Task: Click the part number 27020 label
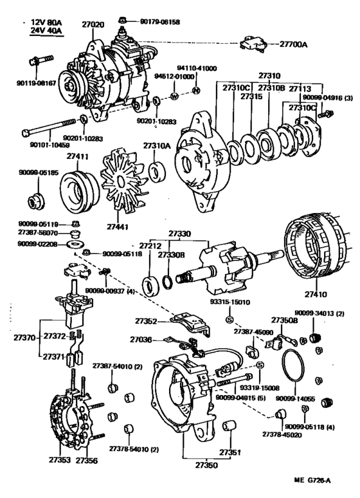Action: (91, 24)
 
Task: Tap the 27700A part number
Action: (294, 45)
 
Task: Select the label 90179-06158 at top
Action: (158, 22)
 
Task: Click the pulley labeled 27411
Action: (77, 187)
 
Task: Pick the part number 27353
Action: (60, 461)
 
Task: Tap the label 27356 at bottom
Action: (86, 461)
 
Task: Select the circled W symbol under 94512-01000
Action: (173, 97)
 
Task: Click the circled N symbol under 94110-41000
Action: (197, 88)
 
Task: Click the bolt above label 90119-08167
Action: (37, 64)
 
